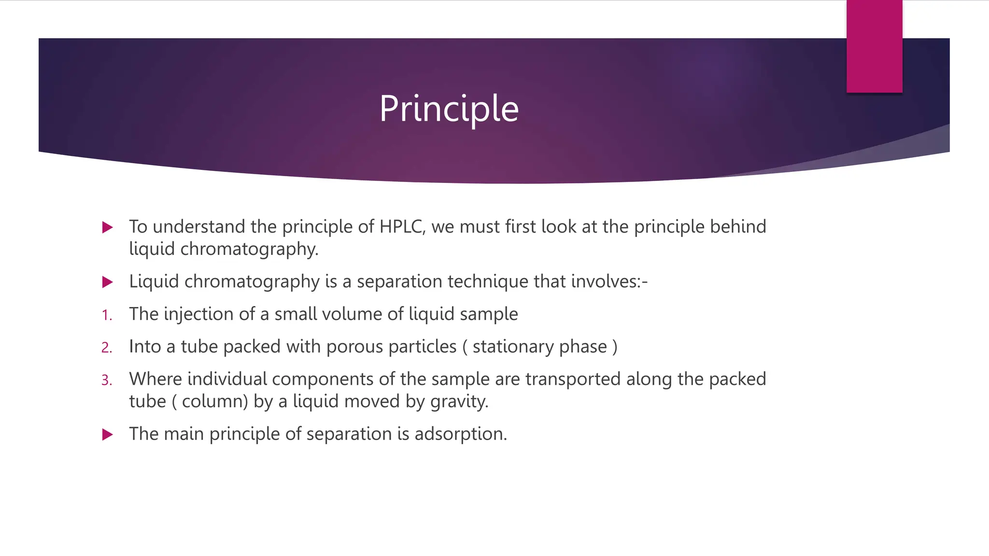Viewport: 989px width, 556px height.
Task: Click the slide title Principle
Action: coord(449,109)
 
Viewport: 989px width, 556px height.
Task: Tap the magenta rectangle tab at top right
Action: coord(874,46)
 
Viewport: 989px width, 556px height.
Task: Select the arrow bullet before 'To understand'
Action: coord(108,227)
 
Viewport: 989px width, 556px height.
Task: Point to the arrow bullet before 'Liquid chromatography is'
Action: coord(108,282)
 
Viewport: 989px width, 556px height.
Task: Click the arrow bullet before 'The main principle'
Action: coord(108,434)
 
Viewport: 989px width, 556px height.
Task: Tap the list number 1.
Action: coord(106,316)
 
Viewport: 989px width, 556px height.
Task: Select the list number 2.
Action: coord(106,348)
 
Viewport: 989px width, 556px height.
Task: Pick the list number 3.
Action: coord(106,381)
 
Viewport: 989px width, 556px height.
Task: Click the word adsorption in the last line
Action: coord(460,434)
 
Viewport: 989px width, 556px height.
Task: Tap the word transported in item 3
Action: coord(573,379)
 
